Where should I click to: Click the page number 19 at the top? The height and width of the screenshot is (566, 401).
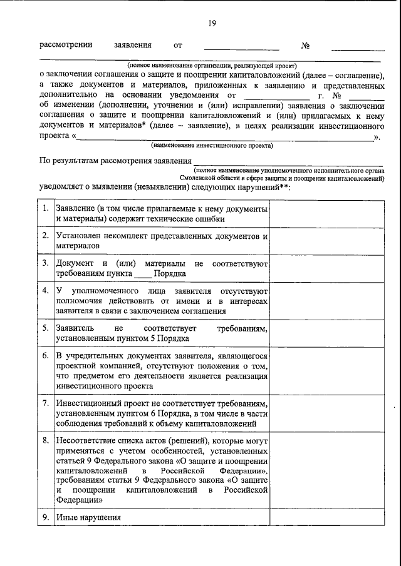212,23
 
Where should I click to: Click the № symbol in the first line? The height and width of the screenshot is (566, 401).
306,46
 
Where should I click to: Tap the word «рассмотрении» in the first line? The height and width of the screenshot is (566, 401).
66,46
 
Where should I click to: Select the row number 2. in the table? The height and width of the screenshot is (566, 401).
46,236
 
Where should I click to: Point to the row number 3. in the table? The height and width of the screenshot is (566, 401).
46,263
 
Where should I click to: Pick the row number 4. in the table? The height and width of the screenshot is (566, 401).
46,291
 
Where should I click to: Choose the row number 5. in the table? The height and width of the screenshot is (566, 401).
46,328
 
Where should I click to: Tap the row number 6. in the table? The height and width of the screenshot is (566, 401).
46,355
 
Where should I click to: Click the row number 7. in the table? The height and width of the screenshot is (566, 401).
46,403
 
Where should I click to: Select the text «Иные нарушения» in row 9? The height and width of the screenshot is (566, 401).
88,518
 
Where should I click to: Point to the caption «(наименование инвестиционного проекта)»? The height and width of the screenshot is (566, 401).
212,145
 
